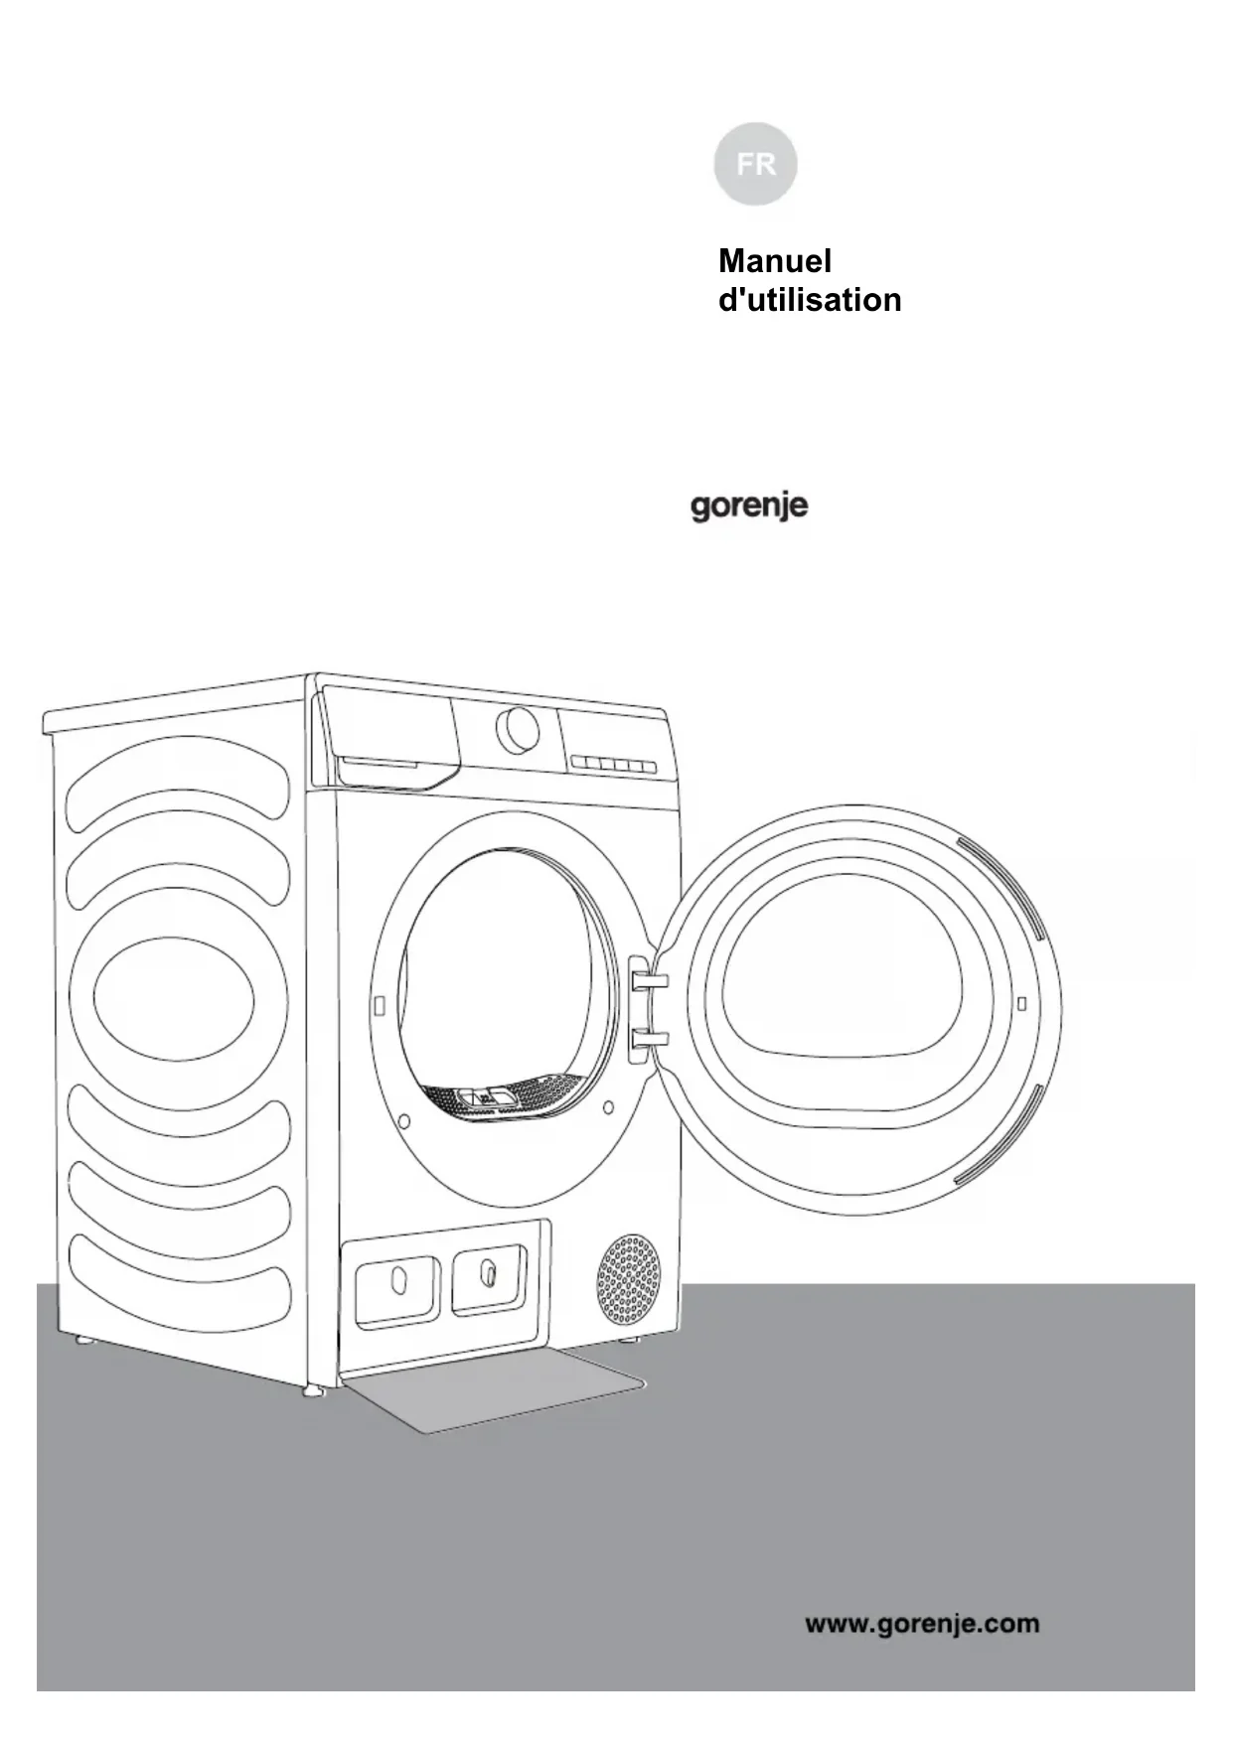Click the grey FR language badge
755,164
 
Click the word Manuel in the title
774,261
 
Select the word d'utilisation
809,300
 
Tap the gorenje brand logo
749,507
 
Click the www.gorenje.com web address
922,1624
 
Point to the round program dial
518,731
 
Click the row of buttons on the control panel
614,764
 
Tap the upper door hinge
648,980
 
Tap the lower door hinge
648,1040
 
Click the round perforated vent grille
628,1280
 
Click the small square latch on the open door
1021,1003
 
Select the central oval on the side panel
175,998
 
